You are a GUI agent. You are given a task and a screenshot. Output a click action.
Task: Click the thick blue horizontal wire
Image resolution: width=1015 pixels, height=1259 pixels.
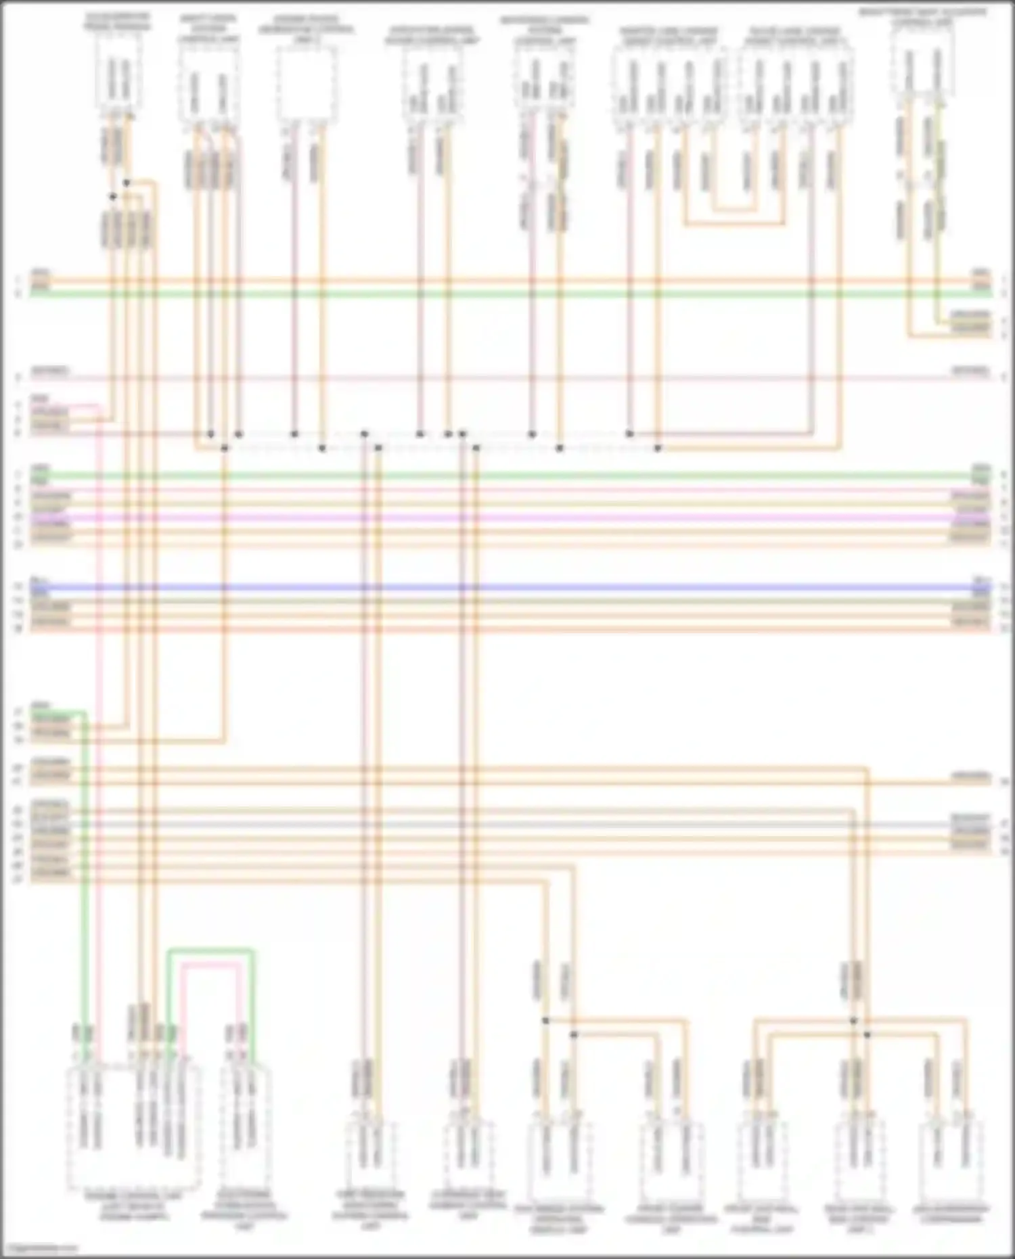[x=507, y=587]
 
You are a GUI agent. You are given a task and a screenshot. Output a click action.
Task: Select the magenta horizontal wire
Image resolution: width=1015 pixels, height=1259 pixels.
[x=507, y=518]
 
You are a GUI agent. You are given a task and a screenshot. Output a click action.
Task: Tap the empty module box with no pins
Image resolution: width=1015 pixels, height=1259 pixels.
[x=307, y=85]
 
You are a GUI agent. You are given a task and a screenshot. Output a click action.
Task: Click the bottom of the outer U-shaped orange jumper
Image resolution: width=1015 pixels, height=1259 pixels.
[x=735, y=223]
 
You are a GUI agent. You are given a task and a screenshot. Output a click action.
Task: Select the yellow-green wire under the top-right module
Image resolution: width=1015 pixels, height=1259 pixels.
[x=938, y=203]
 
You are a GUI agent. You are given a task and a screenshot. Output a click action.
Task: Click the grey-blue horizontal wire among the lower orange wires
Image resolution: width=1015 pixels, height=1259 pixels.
[x=507, y=825]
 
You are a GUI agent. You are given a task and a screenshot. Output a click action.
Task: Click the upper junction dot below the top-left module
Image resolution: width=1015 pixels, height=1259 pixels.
[x=127, y=183]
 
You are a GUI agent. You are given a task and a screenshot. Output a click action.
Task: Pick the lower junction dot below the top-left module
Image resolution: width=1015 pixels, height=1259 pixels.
[x=113, y=197]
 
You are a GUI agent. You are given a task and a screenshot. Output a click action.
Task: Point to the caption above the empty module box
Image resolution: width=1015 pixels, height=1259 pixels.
[x=306, y=30]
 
